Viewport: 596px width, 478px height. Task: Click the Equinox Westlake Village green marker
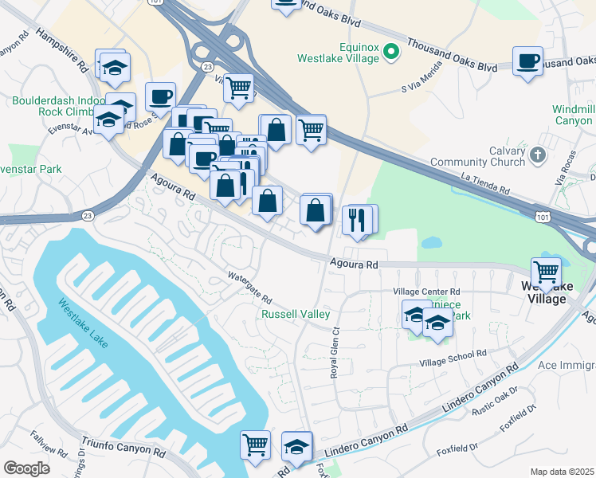click(x=390, y=53)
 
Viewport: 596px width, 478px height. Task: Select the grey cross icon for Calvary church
click(x=538, y=155)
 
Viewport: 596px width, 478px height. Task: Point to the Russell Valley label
click(x=296, y=315)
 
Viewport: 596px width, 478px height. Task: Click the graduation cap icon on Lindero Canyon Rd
click(x=296, y=445)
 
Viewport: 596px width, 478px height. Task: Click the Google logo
click(x=26, y=468)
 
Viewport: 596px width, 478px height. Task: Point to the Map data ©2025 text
click(x=562, y=472)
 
